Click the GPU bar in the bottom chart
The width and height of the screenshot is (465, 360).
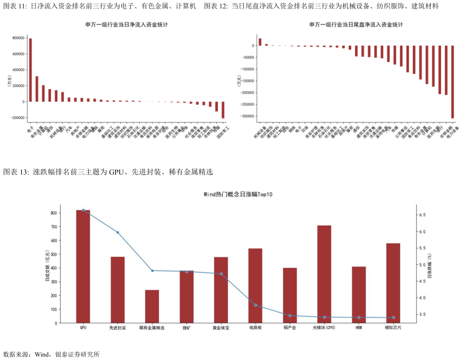(x=83, y=266)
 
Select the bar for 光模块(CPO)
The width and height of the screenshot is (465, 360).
(x=324, y=274)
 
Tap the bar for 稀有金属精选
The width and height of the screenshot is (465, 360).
(x=152, y=306)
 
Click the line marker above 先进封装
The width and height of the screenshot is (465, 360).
(x=117, y=232)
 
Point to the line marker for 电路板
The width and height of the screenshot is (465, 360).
(x=256, y=305)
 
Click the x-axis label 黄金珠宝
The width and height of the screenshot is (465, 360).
(x=221, y=328)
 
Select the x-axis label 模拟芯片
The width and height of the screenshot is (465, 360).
(x=393, y=328)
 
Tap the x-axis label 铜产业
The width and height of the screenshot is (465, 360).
(x=290, y=328)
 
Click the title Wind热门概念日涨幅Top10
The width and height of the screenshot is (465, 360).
(x=238, y=195)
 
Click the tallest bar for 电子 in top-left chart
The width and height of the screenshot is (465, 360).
(x=30, y=70)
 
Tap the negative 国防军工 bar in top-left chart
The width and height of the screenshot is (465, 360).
(x=223, y=110)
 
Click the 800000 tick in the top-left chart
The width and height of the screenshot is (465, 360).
(x=15, y=38)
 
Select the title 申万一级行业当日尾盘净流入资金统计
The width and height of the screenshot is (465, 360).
(x=356, y=24)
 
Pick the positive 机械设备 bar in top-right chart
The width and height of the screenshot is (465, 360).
(x=260, y=42)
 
